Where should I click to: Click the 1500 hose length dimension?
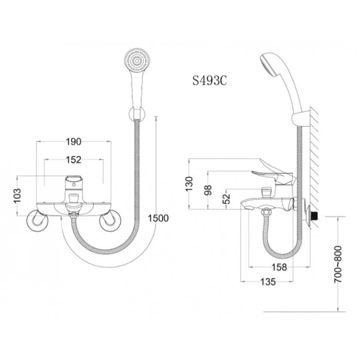[159, 218]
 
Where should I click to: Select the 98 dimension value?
[208, 189]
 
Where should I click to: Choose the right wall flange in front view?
[109, 221]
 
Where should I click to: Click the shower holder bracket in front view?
[137, 114]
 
